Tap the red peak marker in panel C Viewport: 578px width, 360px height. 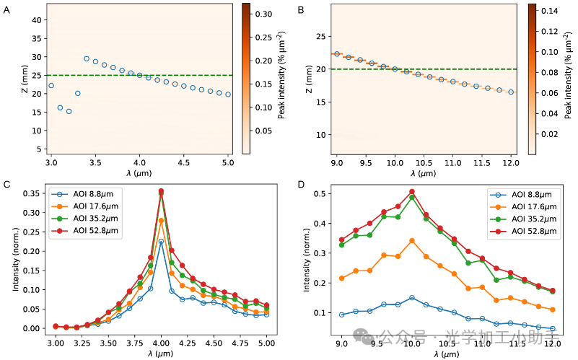[x=161, y=191]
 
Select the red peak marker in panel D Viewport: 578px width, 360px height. [x=412, y=192]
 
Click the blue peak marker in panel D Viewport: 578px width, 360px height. [x=412, y=297]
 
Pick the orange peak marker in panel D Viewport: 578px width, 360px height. [x=412, y=240]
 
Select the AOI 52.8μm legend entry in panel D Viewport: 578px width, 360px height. [x=525, y=232]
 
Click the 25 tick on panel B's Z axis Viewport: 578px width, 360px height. [x=320, y=36]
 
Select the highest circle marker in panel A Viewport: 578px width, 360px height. [x=87, y=58]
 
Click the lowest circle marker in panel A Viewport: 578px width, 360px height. [x=69, y=111]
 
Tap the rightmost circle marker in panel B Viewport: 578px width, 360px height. [x=510, y=92]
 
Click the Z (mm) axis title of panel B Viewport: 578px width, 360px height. [x=309, y=79]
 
